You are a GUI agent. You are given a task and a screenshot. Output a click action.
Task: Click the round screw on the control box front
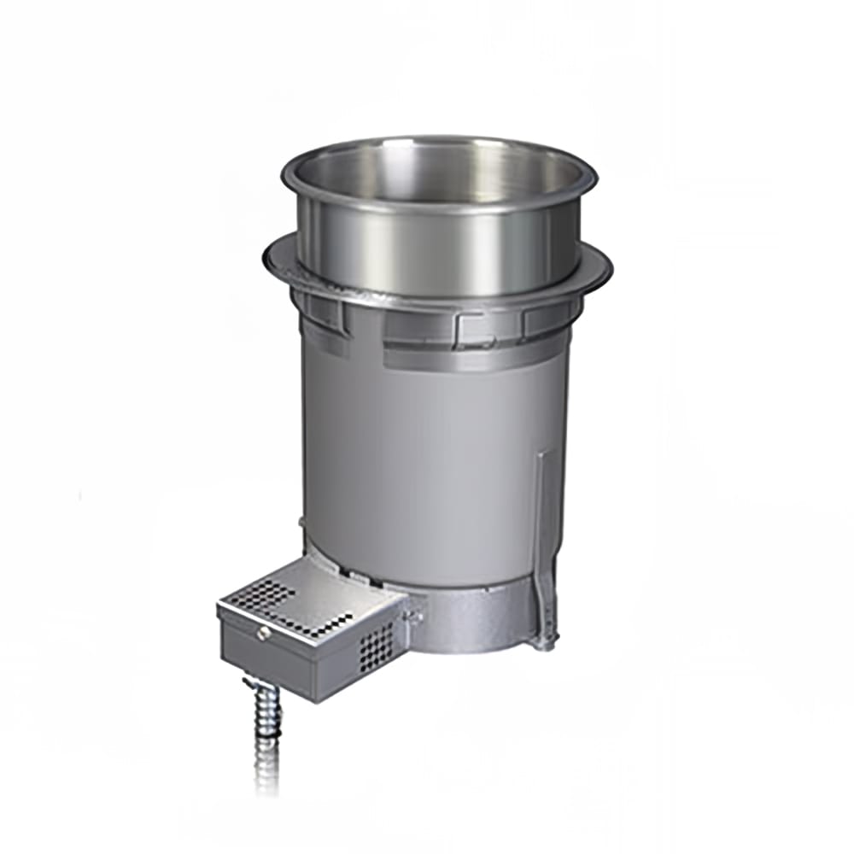(264, 633)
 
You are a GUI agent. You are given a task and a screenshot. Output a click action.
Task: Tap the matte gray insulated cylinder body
(427, 461)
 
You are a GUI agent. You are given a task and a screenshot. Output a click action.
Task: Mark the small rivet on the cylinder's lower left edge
(301, 522)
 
